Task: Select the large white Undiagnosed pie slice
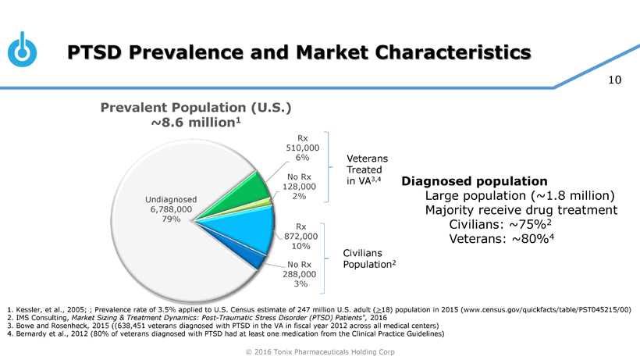(x=164, y=250)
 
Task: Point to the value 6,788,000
(x=170, y=209)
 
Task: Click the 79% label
(x=169, y=219)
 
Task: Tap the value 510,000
(x=304, y=147)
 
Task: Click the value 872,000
(x=300, y=236)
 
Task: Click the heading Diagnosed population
(x=474, y=181)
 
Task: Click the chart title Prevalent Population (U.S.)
(x=195, y=108)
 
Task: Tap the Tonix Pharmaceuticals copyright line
(x=320, y=352)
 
